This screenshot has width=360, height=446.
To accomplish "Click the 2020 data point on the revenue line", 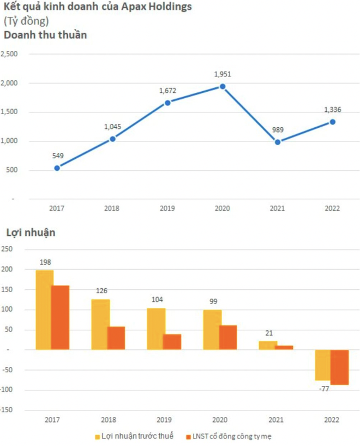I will (x=223, y=86).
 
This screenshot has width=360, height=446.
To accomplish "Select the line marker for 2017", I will (x=57, y=168).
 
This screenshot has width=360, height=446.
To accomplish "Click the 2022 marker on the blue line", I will (x=333, y=122).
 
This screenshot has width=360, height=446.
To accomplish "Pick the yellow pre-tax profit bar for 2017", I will (x=44, y=310).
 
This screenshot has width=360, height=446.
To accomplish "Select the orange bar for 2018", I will (x=116, y=338).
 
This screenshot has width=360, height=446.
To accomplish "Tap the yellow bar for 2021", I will (x=267, y=345).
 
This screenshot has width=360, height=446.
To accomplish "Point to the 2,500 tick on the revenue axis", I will (x=10, y=54).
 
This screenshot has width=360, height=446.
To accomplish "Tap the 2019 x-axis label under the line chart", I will (x=167, y=208).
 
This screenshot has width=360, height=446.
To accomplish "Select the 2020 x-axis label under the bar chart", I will (x=220, y=420).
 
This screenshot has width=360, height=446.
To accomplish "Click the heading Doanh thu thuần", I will (x=46, y=35).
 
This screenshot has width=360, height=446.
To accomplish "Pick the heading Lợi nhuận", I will (x=31, y=232).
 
